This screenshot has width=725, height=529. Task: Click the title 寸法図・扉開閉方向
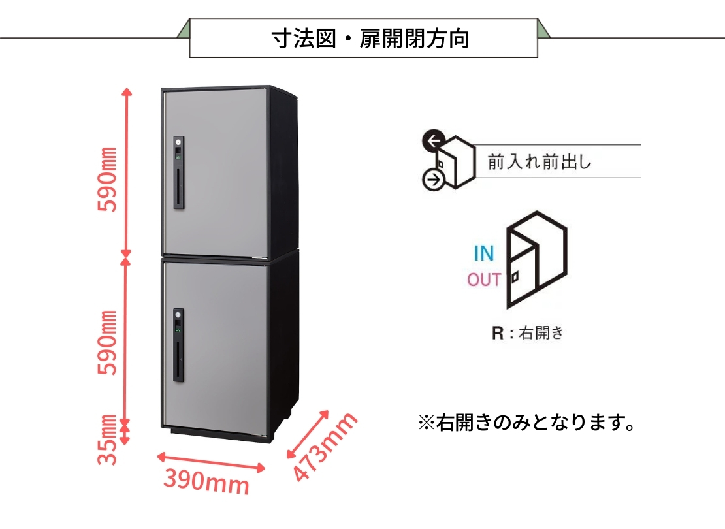[x=370, y=39]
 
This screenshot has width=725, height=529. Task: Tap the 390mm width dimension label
[x=206, y=481]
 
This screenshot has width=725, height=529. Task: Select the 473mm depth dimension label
[x=325, y=447]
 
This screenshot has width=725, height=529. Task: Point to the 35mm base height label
[x=108, y=440]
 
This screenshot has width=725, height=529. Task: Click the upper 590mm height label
[x=108, y=180]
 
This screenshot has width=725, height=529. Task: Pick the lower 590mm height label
[x=108, y=342]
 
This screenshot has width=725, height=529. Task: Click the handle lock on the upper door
[x=178, y=173]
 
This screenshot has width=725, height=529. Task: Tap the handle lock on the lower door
[x=178, y=345]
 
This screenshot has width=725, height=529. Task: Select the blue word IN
[x=483, y=253]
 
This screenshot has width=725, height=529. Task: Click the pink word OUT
[x=484, y=280]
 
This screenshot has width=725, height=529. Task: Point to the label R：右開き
[x=528, y=332]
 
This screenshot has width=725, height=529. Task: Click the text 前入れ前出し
[x=540, y=162]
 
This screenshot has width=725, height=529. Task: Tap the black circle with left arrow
[x=433, y=140]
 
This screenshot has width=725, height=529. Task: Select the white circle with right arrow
[x=434, y=180]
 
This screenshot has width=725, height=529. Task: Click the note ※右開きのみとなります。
[x=526, y=422]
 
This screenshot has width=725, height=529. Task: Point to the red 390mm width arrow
[x=211, y=463]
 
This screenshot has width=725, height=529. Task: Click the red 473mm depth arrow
[x=308, y=434]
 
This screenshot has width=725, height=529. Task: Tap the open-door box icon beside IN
[x=537, y=259]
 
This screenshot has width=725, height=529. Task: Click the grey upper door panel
[x=216, y=172]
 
